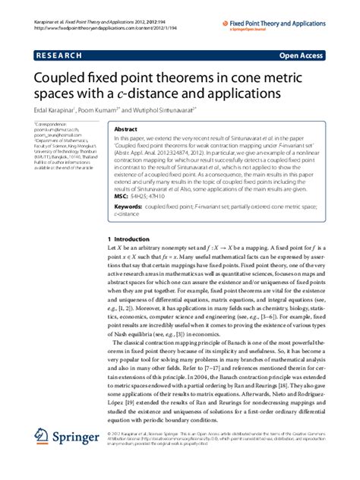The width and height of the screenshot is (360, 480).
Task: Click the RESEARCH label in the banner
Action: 55,55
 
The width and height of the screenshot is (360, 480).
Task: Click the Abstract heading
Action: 125,130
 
